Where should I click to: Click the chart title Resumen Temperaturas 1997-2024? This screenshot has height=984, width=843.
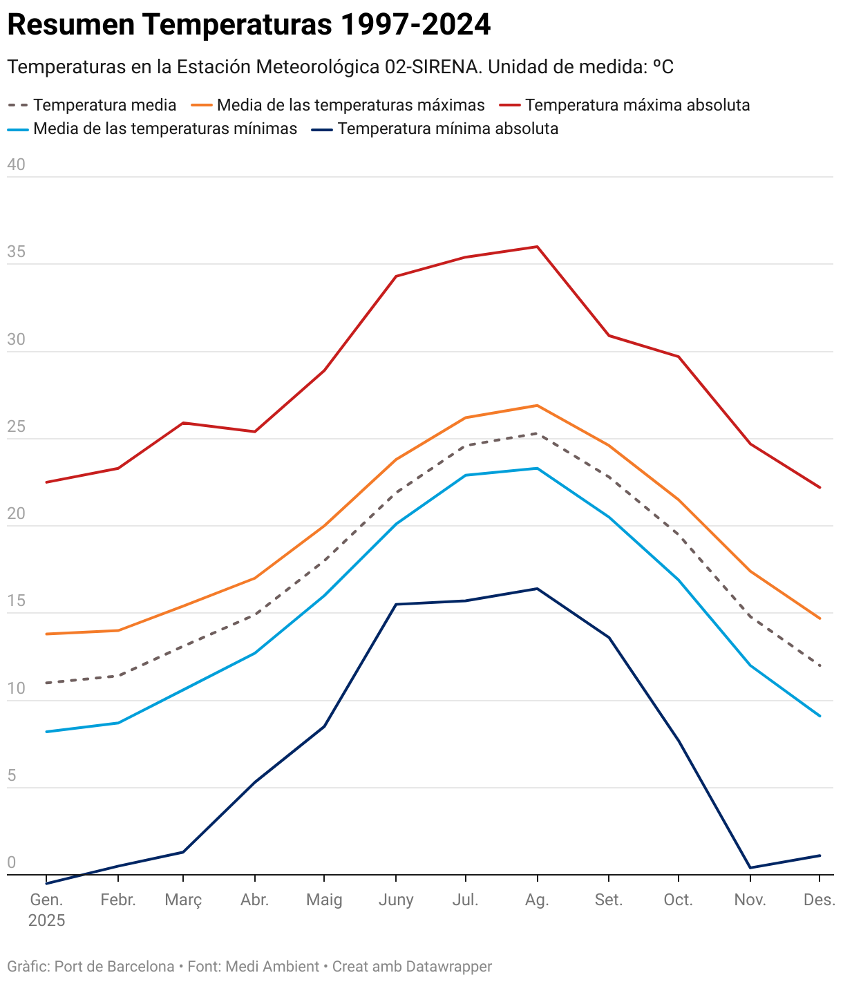pos(249,25)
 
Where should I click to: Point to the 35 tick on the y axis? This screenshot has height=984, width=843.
pos(16,252)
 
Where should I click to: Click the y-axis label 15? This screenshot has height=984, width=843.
pos(16,601)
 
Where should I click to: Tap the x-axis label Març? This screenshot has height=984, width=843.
pos(183,900)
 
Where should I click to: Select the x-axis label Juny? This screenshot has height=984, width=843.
pos(396,900)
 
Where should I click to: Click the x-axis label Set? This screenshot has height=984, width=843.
pos(609,900)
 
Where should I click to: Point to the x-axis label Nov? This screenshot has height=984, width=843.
pos(750,900)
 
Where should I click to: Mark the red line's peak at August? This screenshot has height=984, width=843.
pos(537,247)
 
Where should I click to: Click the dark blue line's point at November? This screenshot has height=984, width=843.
pos(750,868)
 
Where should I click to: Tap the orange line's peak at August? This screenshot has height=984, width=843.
pos(537,406)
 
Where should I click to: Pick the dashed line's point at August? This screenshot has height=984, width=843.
pos(537,433)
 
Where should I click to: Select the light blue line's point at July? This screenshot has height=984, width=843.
pos(466,475)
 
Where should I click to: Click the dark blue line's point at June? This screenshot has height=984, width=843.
pos(396,605)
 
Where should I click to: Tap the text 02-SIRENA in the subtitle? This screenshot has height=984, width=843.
pos(431,67)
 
